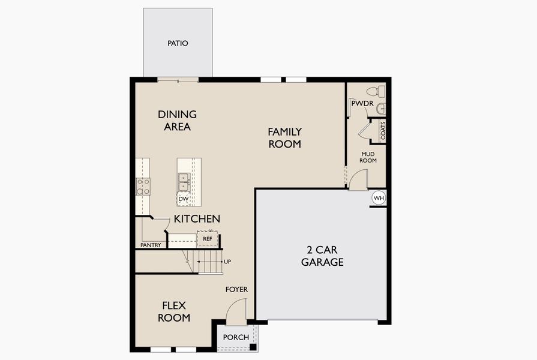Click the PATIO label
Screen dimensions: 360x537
[x=178, y=43]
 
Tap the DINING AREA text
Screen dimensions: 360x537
[x=177, y=121]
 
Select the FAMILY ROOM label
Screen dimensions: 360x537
[x=284, y=137]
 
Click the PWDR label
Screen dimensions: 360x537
[x=362, y=104]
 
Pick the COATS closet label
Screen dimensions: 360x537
[x=382, y=130]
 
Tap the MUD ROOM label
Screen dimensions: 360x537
[x=368, y=157]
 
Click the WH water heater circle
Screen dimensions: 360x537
[x=379, y=197]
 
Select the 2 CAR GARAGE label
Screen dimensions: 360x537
[x=322, y=256]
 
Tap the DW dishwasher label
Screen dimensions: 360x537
[x=184, y=199]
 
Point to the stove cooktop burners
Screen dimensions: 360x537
[x=143, y=187]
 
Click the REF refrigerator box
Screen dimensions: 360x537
[x=208, y=239]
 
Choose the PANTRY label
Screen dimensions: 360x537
[x=150, y=245]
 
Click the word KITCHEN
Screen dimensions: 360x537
[x=197, y=219]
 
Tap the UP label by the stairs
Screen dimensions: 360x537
[x=227, y=262]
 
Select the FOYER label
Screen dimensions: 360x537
[x=236, y=289]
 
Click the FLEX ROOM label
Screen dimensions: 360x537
[x=174, y=311]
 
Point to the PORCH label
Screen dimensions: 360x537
[x=236, y=337]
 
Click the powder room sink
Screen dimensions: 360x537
[x=380, y=109]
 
